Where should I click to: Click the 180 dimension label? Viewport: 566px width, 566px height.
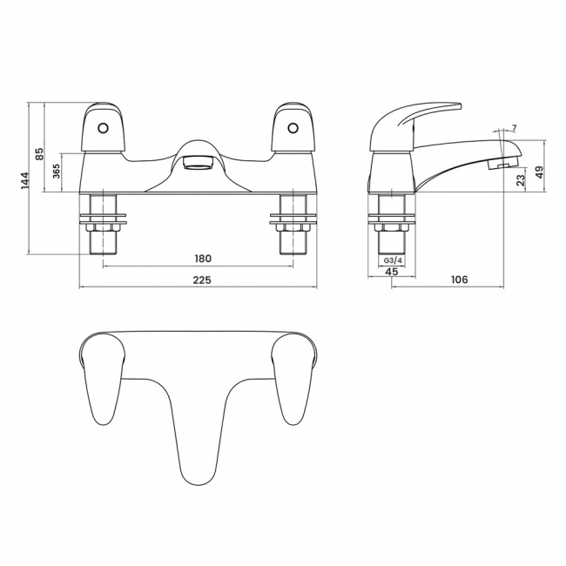[x=202, y=259]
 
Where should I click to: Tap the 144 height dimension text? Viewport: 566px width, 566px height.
[x=26, y=179]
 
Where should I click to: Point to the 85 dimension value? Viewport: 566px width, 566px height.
[x=39, y=153]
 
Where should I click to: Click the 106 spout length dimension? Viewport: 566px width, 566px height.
[x=461, y=280]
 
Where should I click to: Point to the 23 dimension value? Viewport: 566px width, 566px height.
[x=520, y=180]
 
